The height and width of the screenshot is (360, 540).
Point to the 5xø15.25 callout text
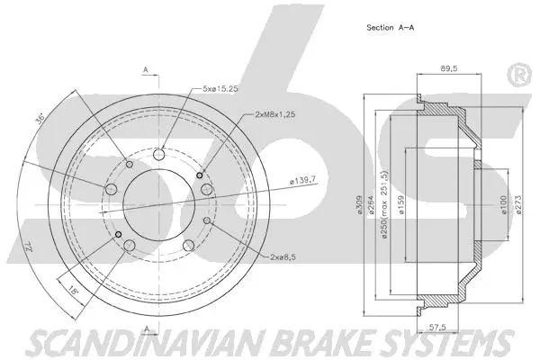(x=220, y=88)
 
